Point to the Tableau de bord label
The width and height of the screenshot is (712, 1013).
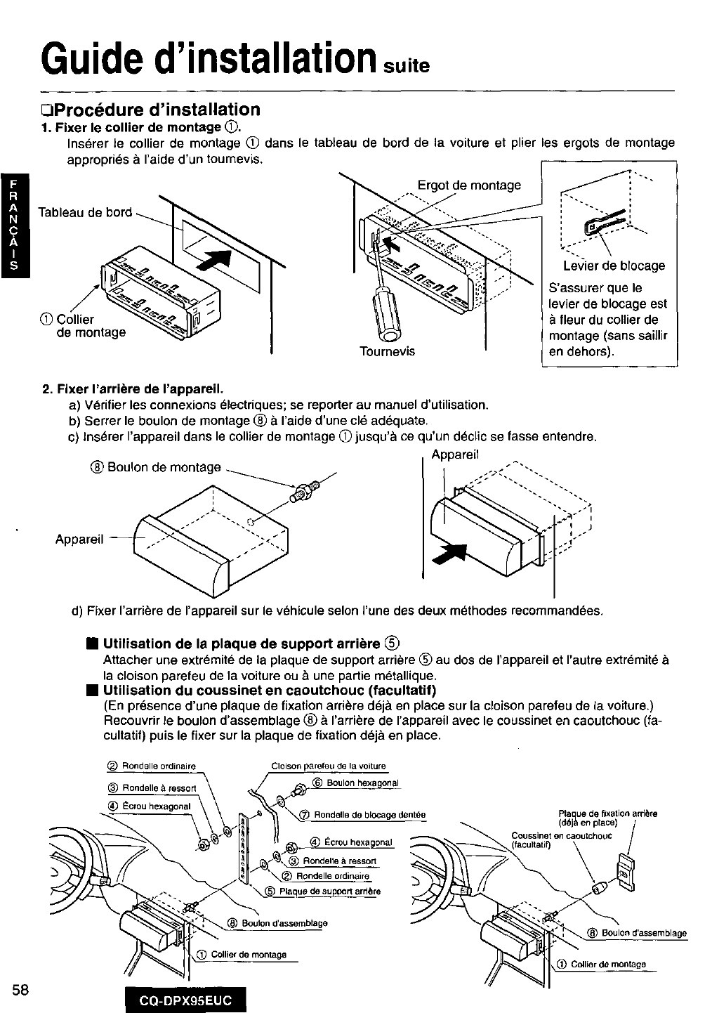tap(84, 212)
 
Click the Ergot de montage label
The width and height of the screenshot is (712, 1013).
tap(469, 185)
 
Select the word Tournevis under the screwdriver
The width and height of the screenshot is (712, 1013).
tap(387, 351)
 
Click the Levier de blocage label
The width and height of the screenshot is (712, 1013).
tap(614, 266)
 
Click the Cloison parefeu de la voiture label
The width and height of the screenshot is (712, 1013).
tap(328, 766)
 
